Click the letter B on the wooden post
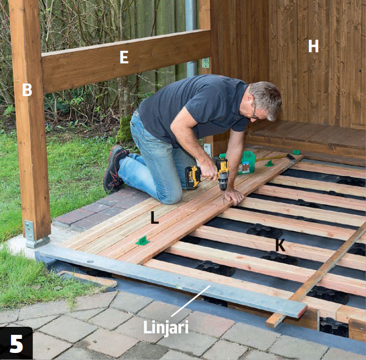pos(27,89)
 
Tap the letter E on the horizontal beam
pos(124,57)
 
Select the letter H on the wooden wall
pos(313,46)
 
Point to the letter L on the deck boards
pos(154,218)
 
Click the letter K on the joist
pos(280,245)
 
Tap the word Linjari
pos(166,327)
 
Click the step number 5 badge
pos(16,343)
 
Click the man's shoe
pos(115,168)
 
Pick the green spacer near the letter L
pos(143,241)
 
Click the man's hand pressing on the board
pos(234,196)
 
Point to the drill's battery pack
pos(193,177)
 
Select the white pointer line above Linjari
pos(191,301)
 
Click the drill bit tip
pos(224,204)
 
